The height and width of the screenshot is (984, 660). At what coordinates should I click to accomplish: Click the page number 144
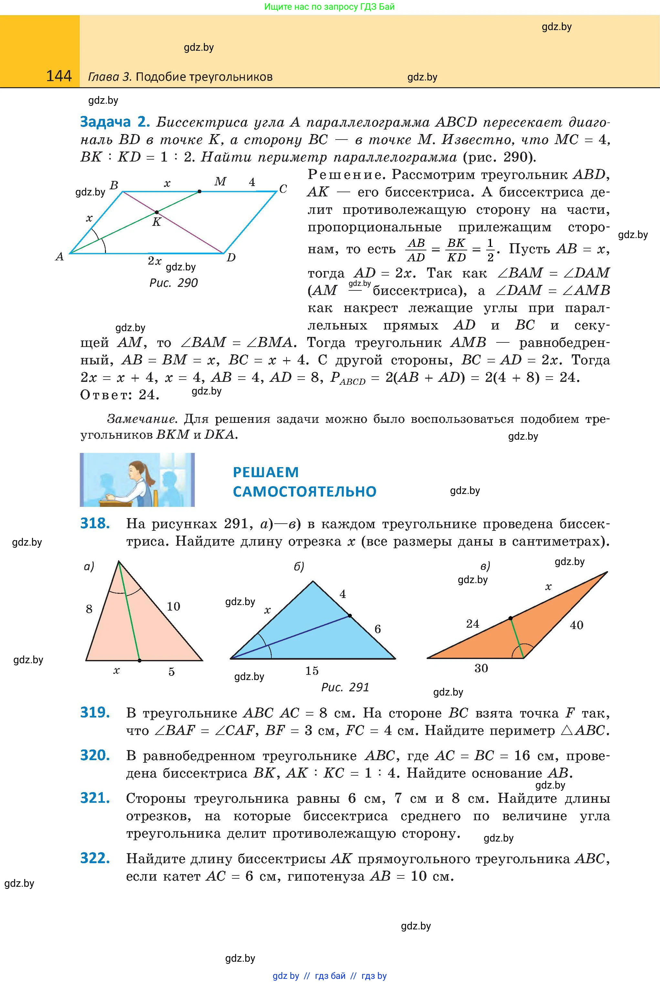pos(59,76)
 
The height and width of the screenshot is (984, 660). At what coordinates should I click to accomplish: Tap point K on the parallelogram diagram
pos(157,212)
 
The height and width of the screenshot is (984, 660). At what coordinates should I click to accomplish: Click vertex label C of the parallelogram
pos(283,189)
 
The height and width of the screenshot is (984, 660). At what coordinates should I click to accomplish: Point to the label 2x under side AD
pos(154,261)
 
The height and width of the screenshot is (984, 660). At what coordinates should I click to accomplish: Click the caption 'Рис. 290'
pos(173,283)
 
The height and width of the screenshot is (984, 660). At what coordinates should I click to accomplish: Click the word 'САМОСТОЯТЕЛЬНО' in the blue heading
pos(304,491)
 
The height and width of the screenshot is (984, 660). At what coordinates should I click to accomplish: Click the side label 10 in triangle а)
pos(173,606)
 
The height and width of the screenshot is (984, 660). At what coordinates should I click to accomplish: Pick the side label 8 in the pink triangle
pos(89,609)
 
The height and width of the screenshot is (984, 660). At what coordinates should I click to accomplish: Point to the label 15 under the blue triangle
pos(312,670)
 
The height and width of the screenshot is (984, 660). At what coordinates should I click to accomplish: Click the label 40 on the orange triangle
pos(576,625)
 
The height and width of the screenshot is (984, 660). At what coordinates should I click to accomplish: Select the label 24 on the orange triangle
pos(472,624)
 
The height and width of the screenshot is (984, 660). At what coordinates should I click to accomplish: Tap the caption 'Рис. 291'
pos(345,687)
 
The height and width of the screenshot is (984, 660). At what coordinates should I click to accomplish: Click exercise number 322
pos(95,858)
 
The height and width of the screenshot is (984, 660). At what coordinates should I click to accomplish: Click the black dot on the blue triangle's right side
pos(350,616)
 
